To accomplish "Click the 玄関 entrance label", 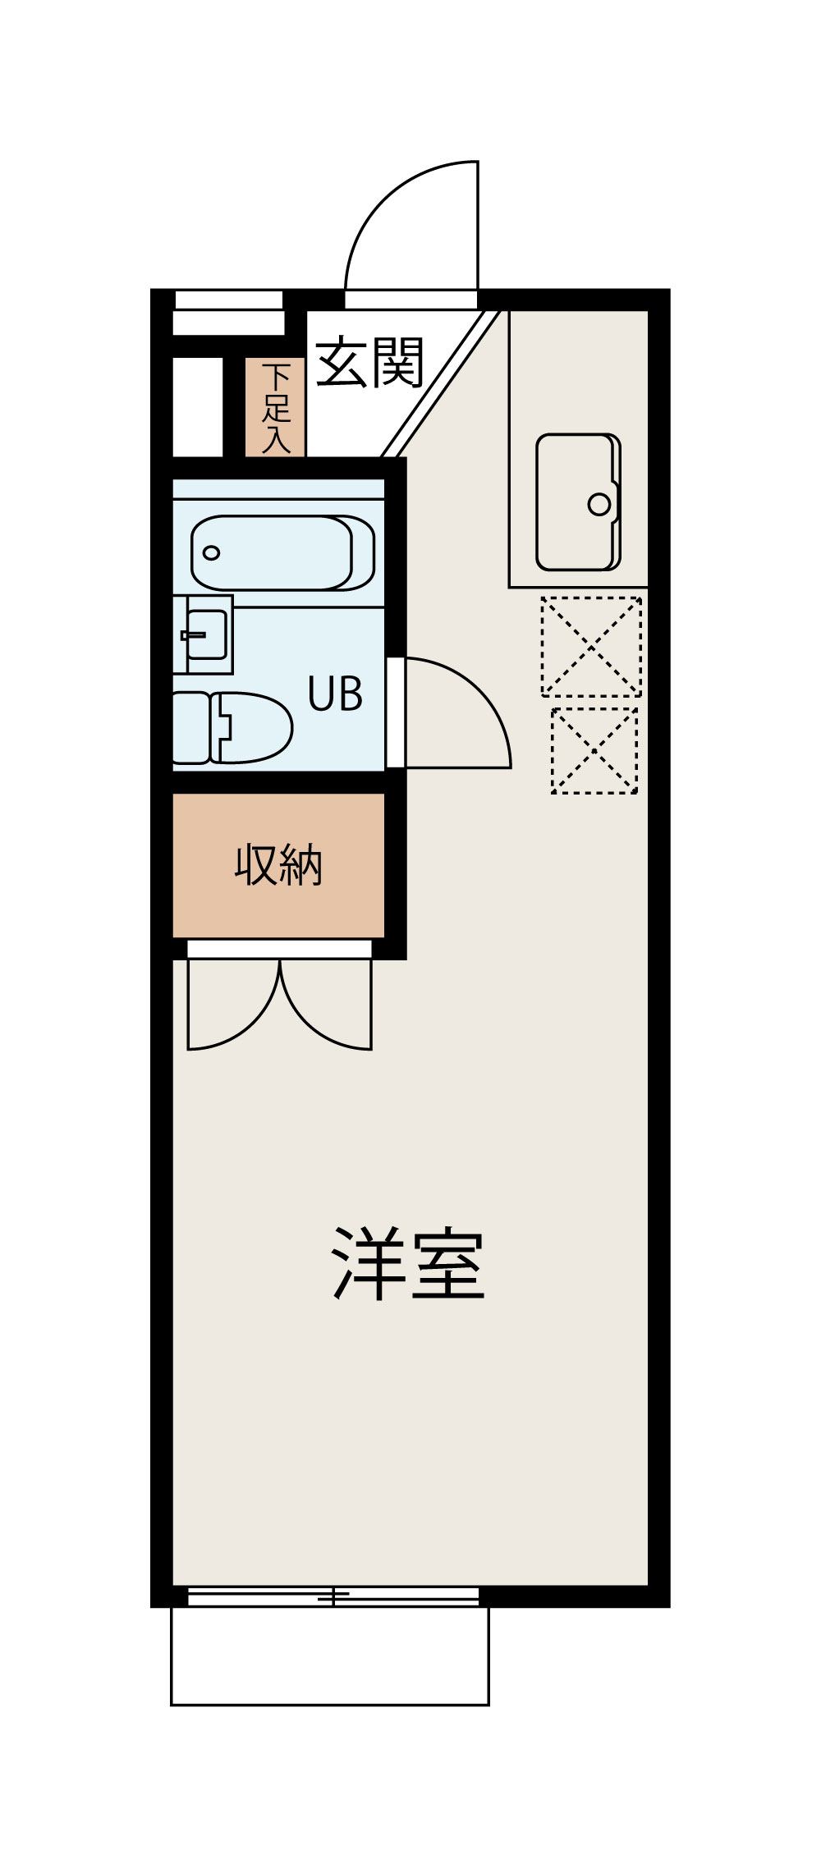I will point(369,362).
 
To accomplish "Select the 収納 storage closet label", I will point(278,864).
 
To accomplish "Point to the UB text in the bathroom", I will point(335,694).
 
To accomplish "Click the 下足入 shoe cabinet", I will point(276,408).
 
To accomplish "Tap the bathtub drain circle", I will point(212,552).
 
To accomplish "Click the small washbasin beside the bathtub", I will point(205,634).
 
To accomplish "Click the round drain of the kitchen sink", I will point(599,504).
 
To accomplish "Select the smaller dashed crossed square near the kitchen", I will point(594,750).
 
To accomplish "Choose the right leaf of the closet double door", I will point(328,1014).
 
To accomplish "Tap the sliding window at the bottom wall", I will point(333,1596).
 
